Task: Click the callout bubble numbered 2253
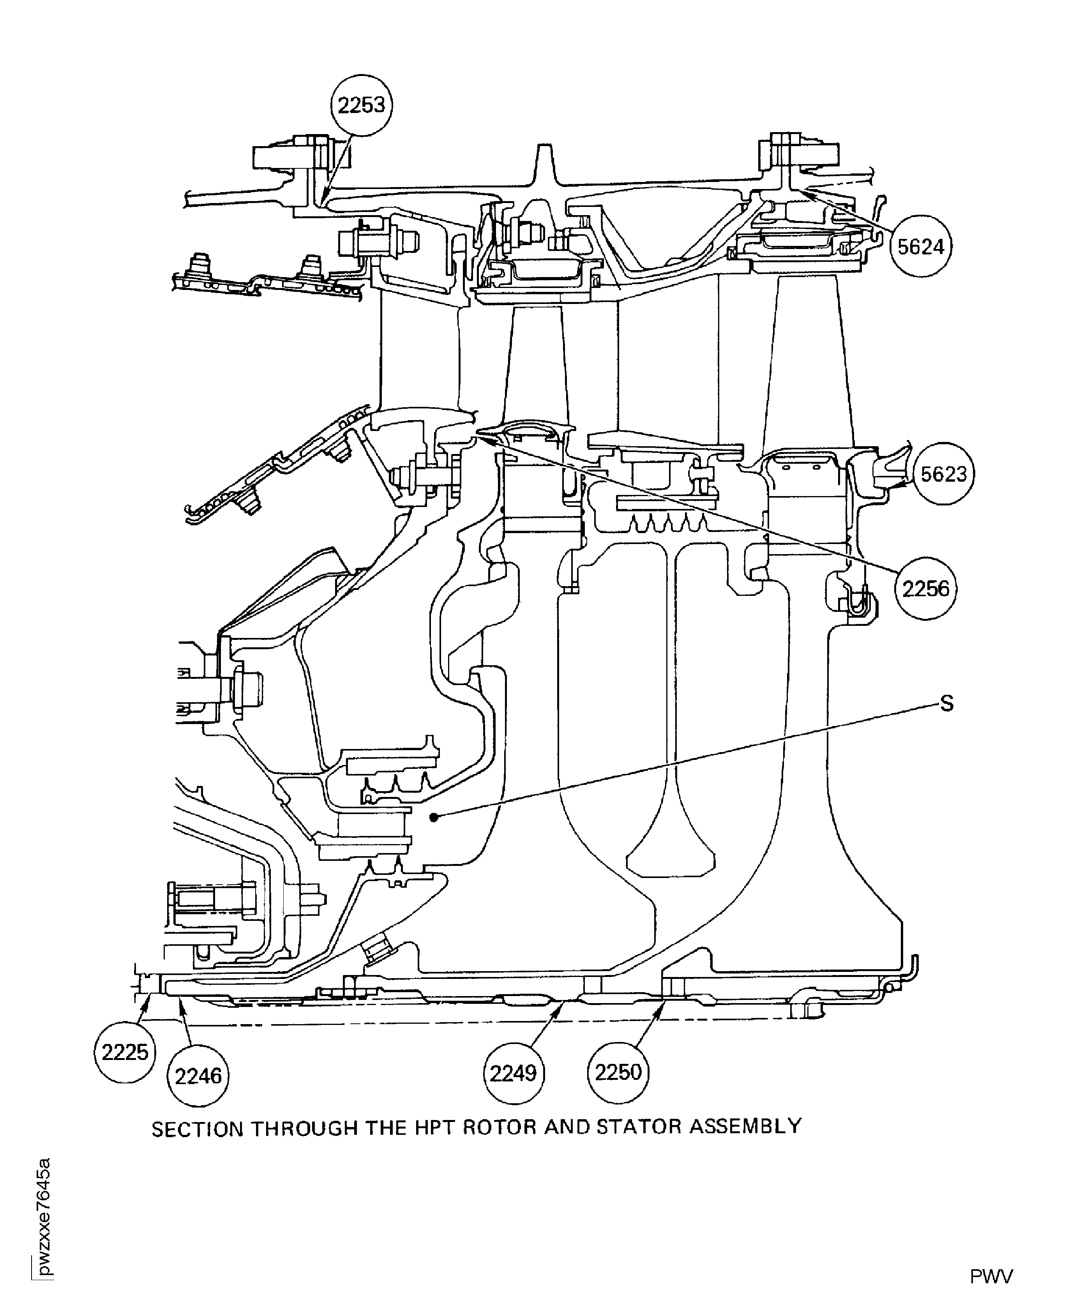tap(362, 105)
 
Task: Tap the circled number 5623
tap(943, 474)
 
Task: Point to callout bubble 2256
tap(925, 588)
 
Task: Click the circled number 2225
tap(125, 1052)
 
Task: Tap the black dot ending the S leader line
tap(434, 817)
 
